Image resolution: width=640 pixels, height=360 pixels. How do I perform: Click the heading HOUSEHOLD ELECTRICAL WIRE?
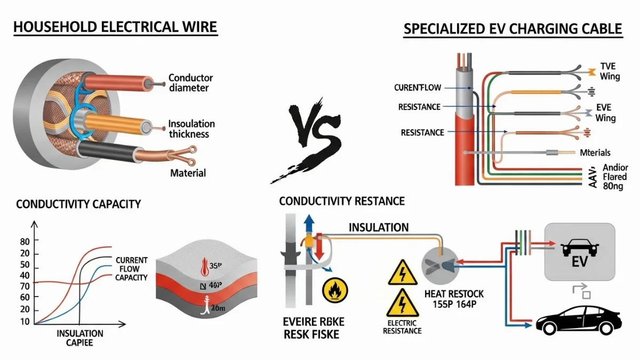115,27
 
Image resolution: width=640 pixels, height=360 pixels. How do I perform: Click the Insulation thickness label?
191,129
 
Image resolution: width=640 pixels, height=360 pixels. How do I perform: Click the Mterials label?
595,153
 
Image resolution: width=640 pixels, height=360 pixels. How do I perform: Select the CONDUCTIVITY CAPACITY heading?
78,204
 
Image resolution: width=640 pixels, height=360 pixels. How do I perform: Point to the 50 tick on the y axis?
25,266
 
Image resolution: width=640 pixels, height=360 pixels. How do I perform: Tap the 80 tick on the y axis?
25,241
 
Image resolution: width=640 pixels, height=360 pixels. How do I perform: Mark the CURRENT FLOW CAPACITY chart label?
131,269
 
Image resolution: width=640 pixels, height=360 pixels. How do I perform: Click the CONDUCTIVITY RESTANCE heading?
342,201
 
